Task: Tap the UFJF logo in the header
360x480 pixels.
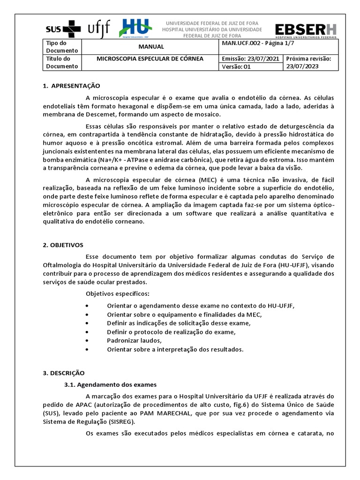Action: click(99, 29)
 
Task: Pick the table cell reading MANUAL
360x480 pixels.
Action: click(151, 47)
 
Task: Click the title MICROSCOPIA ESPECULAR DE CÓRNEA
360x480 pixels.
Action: click(150, 59)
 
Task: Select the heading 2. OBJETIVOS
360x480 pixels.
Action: click(63, 245)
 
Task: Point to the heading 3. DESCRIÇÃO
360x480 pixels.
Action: click(64, 373)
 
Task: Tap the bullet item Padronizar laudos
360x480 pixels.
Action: click(134, 340)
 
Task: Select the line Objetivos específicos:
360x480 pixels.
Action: click(117, 293)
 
